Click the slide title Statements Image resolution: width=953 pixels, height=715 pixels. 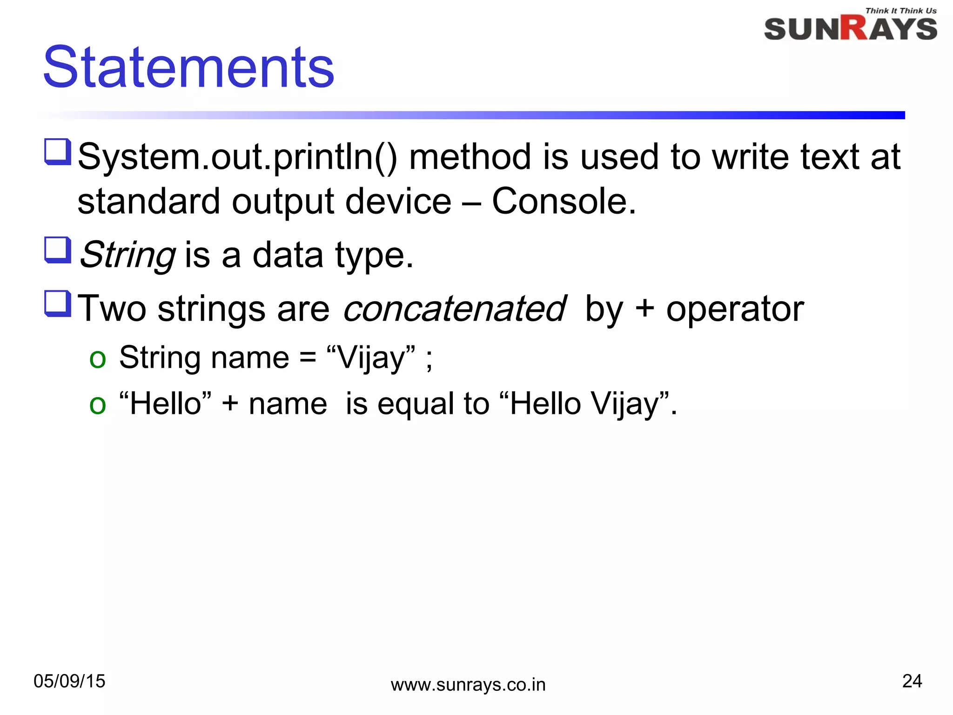click(188, 67)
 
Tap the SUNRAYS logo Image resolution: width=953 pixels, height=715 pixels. click(850, 29)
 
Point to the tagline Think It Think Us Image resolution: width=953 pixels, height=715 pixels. click(900, 11)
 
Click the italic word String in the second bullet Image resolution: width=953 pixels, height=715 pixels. click(128, 255)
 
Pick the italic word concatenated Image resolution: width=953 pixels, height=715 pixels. click(455, 309)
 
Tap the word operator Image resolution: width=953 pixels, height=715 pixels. click(735, 309)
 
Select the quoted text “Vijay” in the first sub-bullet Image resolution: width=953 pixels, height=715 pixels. click(371, 358)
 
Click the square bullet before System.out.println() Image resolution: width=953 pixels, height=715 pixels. click(58, 152)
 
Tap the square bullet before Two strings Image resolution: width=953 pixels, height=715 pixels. click(58, 304)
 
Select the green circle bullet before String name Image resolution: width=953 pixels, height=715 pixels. click(98, 359)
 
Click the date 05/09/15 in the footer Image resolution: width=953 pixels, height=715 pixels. click(69, 681)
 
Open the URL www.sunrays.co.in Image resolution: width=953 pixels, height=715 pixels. click(468, 685)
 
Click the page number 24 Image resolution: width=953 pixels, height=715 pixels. click(912, 681)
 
